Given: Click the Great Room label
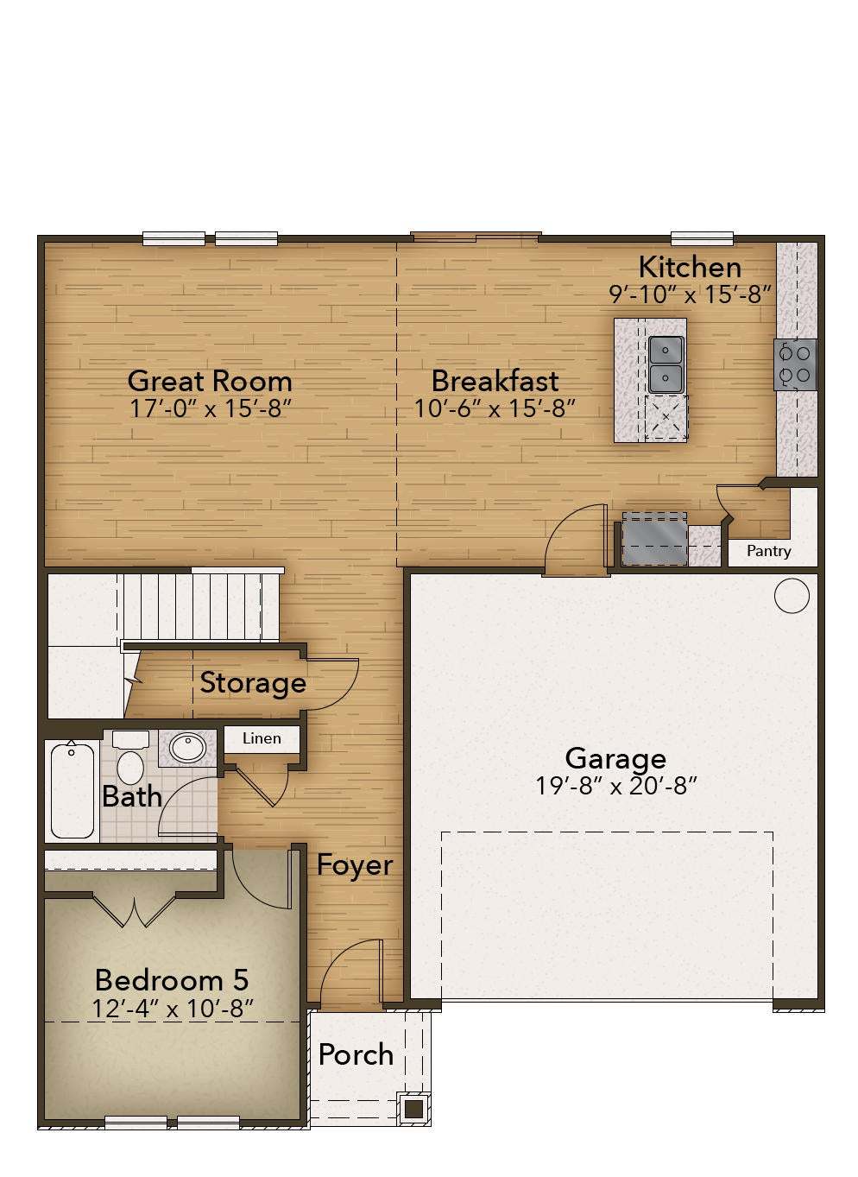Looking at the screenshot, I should pos(210,381).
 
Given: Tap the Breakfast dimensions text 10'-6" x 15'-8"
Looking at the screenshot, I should pos(495,408).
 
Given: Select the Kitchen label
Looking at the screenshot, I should pos(689,267).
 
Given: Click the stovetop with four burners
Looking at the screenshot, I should pos(795,364).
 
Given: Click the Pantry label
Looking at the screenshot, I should pos(768,551).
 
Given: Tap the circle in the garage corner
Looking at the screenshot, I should pos(792,596).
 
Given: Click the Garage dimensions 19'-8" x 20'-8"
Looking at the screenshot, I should pos(615,786).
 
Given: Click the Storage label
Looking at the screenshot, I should pos(253,683).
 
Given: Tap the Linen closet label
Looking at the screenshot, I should pos(262,738).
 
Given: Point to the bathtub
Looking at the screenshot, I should pos(73,790).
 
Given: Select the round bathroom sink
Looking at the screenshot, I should pos(188,747).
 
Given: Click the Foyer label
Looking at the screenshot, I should pos(354,865).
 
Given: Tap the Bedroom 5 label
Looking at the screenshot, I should pos(172,980).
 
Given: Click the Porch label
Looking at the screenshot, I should pos(356,1054).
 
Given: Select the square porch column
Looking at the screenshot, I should pos(413,1108).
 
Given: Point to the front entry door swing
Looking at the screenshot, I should pos(350,971).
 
